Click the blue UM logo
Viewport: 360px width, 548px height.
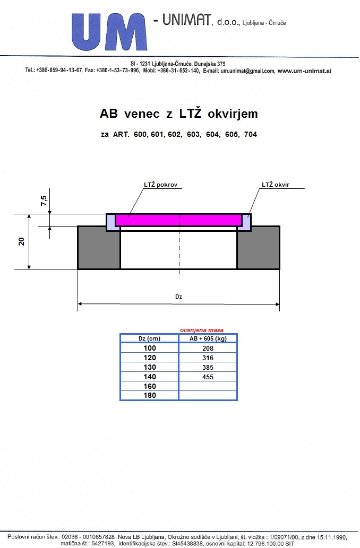click(x=109, y=32)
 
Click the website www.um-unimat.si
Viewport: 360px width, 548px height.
click(x=304, y=71)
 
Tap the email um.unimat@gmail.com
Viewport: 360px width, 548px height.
click(x=247, y=71)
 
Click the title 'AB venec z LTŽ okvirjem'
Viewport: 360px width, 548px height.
click(x=179, y=114)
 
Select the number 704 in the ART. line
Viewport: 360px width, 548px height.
click(x=251, y=134)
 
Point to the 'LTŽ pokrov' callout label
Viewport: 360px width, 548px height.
click(x=160, y=185)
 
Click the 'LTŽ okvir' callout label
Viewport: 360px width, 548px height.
click(x=276, y=185)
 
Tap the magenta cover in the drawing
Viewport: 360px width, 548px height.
click(x=178, y=220)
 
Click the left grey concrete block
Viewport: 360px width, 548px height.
click(x=99, y=248)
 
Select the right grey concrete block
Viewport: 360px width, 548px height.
click(x=259, y=248)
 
